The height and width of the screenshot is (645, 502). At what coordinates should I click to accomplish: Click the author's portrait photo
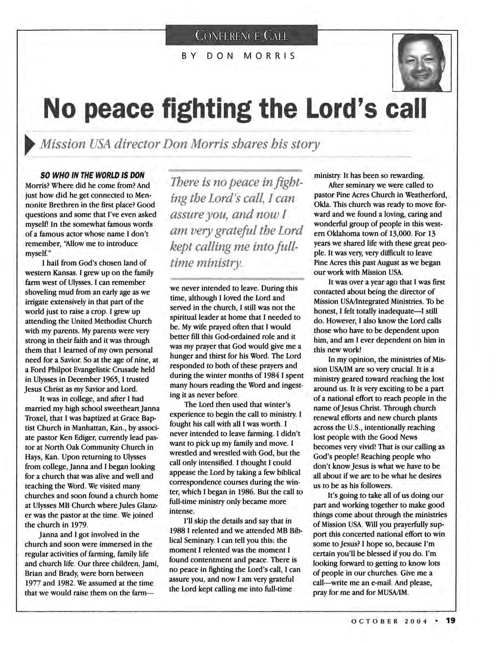[x=422, y=63]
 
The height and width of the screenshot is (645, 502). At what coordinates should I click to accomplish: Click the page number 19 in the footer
[x=450, y=620]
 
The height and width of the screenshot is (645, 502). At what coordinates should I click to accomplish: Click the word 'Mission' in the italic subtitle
[x=62, y=145]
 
